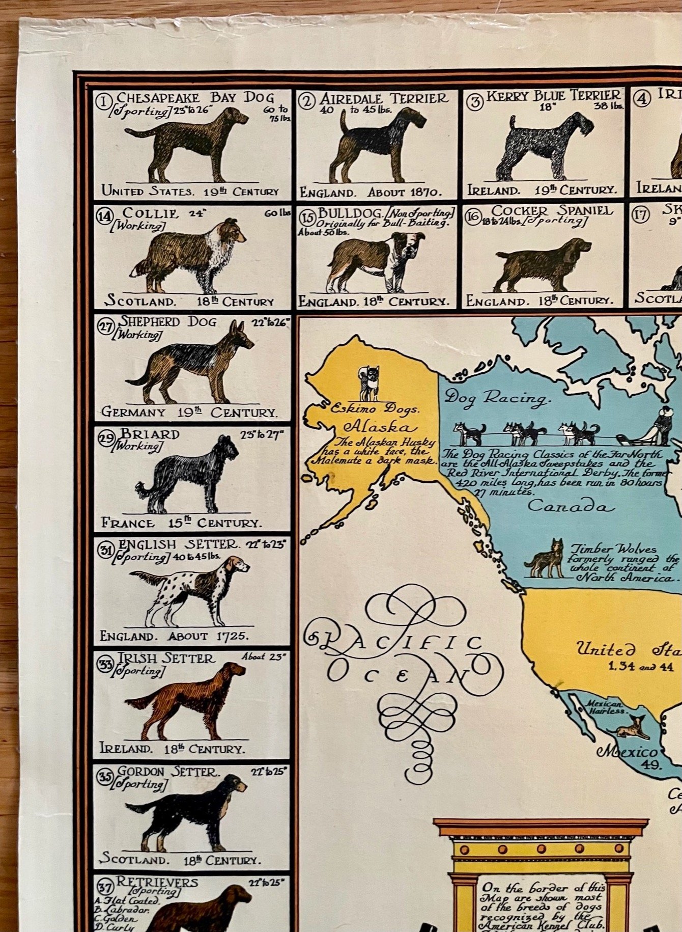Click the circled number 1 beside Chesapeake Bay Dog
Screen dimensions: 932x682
tap(104, 102)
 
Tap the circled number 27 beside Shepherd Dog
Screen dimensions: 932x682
tap(106, 326)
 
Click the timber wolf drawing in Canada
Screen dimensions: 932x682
tap(546, 560)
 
